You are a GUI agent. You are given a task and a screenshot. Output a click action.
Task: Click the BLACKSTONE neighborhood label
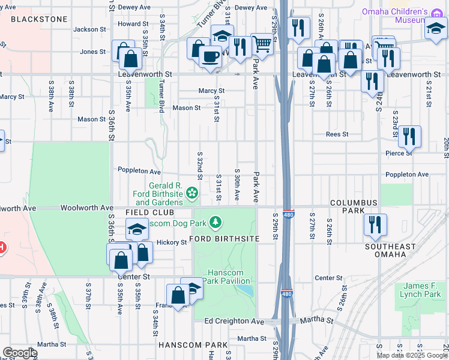click(39, 19)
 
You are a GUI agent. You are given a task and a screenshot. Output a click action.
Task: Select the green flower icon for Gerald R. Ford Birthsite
click(191, 193)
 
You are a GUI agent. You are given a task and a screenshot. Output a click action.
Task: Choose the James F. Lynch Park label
click(423, 289)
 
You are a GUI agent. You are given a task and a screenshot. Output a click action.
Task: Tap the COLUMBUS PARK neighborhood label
click(354, 208)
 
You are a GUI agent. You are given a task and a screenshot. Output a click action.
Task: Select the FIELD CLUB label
click(149, 213)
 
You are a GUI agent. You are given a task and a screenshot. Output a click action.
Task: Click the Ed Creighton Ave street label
click(234, 322)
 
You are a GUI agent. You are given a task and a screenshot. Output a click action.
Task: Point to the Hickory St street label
click(172, 242)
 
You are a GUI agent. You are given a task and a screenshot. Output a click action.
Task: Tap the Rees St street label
click(337, 134)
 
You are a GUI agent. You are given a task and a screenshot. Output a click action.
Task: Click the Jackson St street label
click(89, 29)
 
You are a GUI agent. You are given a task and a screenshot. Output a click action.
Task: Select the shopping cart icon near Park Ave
click(261, 43)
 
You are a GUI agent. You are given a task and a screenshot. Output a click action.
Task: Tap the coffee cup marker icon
click(209, 58)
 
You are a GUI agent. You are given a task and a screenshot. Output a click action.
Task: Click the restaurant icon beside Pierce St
click(409, 136)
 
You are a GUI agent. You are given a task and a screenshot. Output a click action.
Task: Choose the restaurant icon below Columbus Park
click(375, 224)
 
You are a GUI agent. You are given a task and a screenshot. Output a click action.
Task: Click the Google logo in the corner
click(20, 353)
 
